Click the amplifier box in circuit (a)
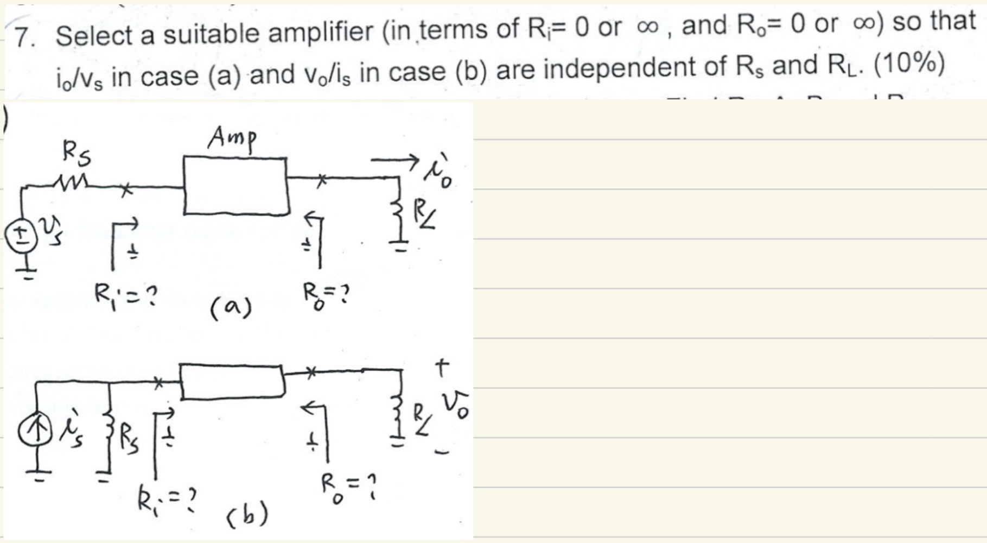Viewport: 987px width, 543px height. pyautogui.click(x=235, y=185)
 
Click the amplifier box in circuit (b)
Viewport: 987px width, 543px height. pyautogui.click(x=232, y=382)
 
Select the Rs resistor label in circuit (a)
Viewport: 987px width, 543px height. pyautogui.click(x=77, y=153)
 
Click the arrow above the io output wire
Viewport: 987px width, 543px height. pyautogui.click(x=395, y=160)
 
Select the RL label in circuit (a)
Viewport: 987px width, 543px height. pyautogui.click(x=426, y=215)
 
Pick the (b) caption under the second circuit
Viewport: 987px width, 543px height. pyautogui.click(x=247, y=513)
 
